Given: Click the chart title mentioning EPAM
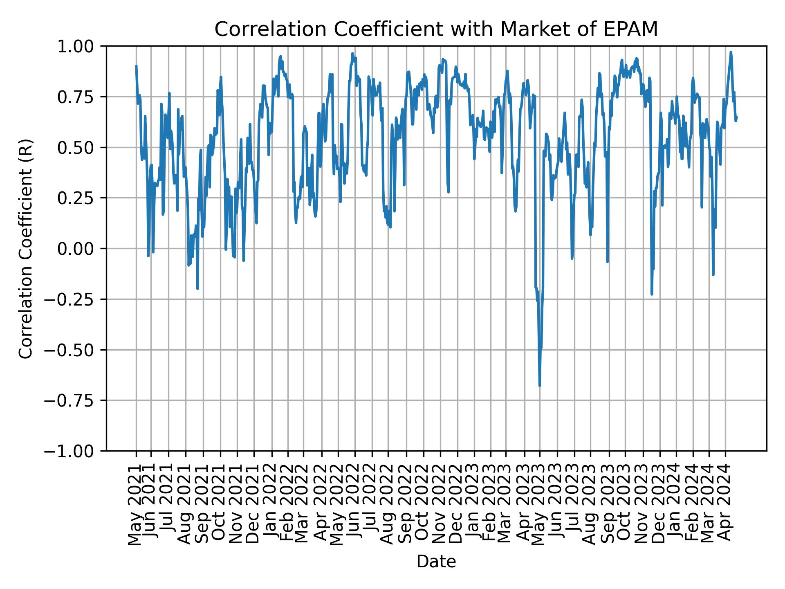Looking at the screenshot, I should tap(436, 29).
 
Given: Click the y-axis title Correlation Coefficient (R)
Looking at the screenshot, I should tap(25, 248).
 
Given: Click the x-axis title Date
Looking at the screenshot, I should tap(436, 562).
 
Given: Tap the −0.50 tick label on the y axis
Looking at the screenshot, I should tap(74, 350).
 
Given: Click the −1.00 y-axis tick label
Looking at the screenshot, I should tap(74, 451).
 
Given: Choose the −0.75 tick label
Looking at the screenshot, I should tap(74, 400).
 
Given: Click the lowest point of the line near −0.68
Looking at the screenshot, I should tap(540, 386).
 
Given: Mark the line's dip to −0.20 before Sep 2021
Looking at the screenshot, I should tap(197, 289).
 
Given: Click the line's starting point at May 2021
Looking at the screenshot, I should tap(136, 66).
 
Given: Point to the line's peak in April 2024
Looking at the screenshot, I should tap(731, 52).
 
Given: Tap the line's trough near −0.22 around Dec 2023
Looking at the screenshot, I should tap(652, 294).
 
